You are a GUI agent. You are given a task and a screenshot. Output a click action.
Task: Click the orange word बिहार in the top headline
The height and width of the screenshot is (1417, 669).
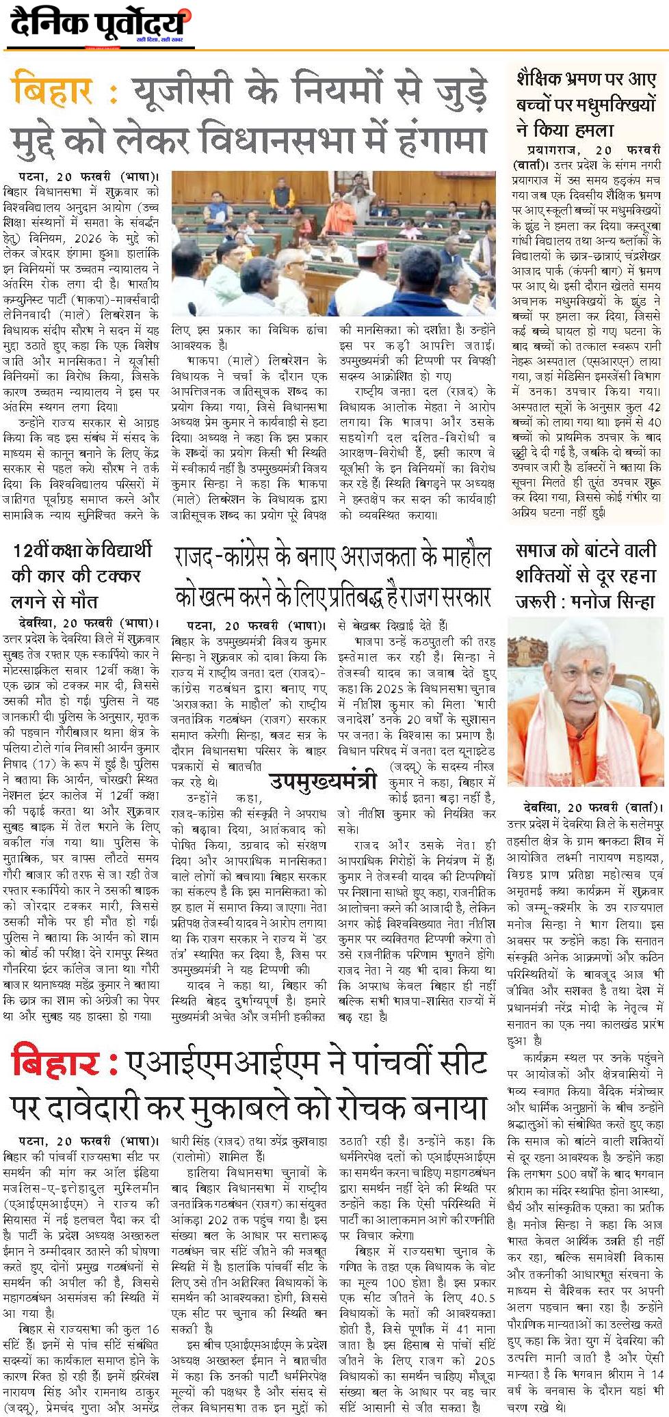pyautogui.click(x=57, y=90)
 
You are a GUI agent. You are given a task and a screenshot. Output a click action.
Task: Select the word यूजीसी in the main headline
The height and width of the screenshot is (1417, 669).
pyautogui.click(x=185, y=90)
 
